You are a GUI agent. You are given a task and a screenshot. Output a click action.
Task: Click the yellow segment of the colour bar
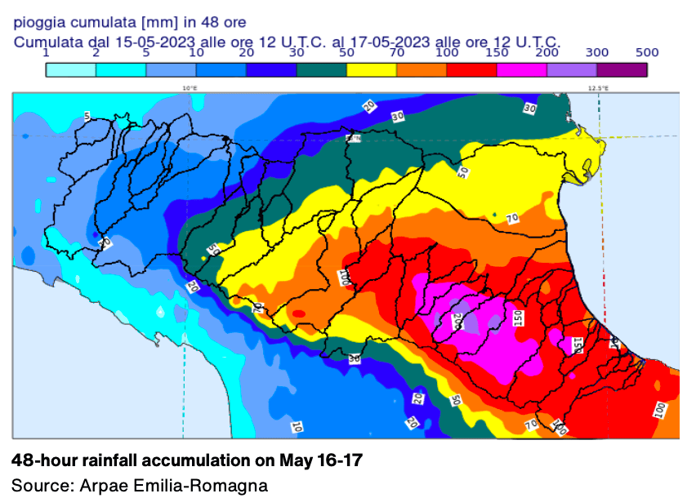click(x=372, y=70)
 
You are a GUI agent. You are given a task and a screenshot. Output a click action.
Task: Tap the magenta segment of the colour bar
click(x=521, y=70)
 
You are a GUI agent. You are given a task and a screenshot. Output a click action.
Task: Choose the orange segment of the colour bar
click(x=422, y=70)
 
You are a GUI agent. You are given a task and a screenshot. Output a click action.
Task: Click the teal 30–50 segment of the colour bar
click(x=321, y=70)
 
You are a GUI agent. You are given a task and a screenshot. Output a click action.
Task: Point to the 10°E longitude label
click(x=190, y=88)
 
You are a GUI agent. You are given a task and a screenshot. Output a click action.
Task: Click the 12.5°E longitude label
click(x=598, y=88)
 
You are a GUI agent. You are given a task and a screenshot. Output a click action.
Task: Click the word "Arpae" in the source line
click(x=104, y=485)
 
